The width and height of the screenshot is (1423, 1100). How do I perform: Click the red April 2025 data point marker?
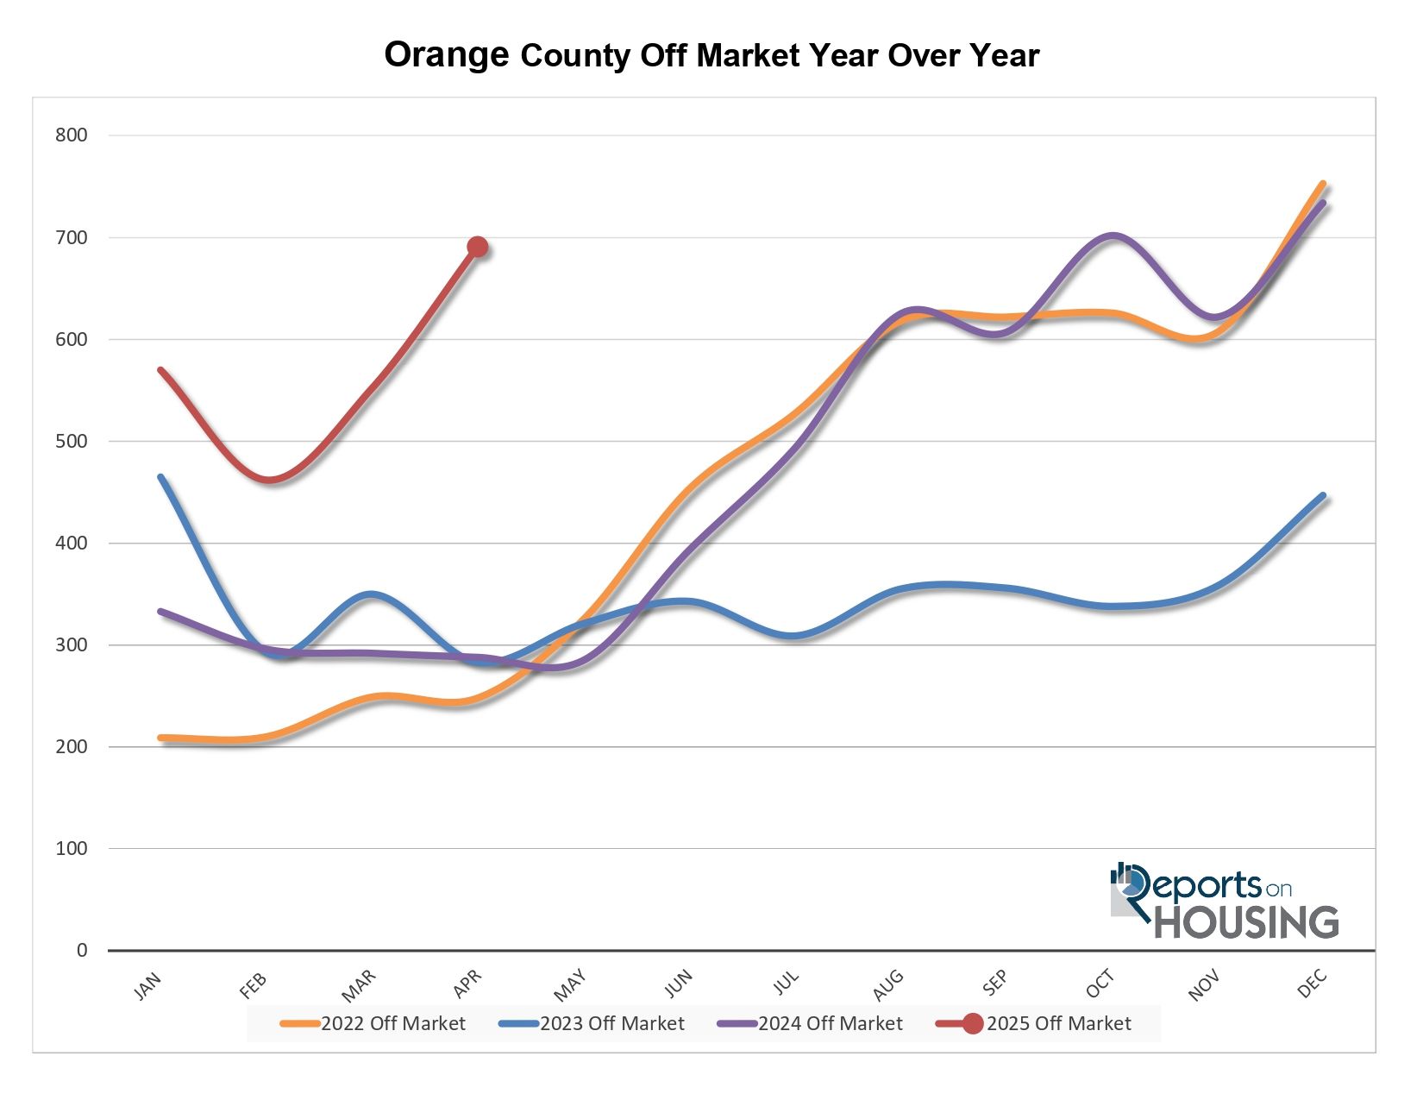477,248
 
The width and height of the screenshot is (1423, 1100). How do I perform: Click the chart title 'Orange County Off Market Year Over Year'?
711,55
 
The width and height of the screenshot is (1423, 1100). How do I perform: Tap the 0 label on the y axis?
82,950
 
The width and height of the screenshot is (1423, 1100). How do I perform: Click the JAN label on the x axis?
147,985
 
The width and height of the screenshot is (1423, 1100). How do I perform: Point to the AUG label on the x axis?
888,985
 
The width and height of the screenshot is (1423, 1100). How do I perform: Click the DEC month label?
1312,985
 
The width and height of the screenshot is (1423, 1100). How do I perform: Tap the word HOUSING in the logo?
1246,921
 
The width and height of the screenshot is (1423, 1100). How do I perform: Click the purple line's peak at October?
1113,236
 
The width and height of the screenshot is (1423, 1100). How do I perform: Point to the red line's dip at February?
269,480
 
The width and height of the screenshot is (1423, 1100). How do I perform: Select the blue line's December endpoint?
1323,496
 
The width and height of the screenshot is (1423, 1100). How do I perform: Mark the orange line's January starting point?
161,738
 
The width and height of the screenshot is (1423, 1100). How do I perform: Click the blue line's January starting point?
161,477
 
